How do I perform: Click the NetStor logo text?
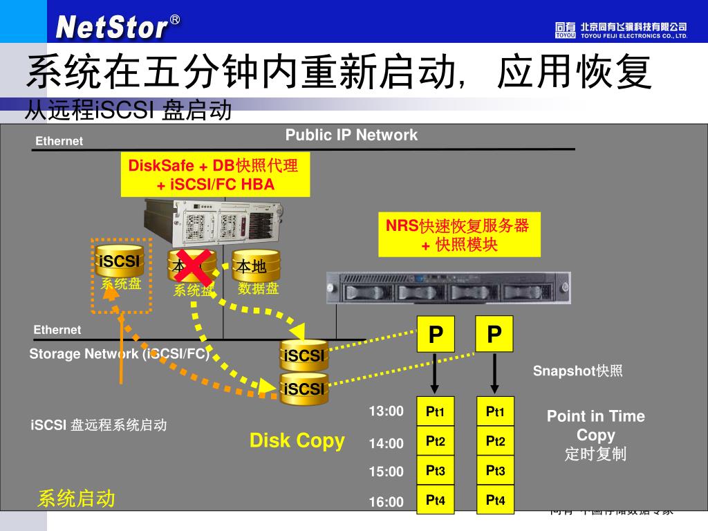click(x=112, y=27)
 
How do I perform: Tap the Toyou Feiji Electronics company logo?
click(x=620, y=29)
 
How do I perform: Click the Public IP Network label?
click(x=351, y=135)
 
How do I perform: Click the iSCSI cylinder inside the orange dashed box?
click(x=120, y=261)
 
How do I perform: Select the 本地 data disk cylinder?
click(x=255, y=266)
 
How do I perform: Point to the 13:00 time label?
click(x=386, y=411)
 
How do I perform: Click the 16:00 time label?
click(x=386, y=502)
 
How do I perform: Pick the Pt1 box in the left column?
click(x=435, y=413)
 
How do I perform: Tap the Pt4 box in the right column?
click(x=495, y=500)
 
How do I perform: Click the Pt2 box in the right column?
click(x=495, y=441)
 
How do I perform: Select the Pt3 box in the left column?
click(x=435, y=471)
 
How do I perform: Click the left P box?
click(x=436, y=335)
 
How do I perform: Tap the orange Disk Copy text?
click(x=297, y=440)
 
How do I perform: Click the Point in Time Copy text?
click(x=595, y=425)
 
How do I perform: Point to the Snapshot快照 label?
click(x=577, y=371)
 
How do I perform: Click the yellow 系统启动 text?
click(x=76, y=499)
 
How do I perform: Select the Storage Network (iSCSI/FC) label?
click(x=119, y=354)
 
